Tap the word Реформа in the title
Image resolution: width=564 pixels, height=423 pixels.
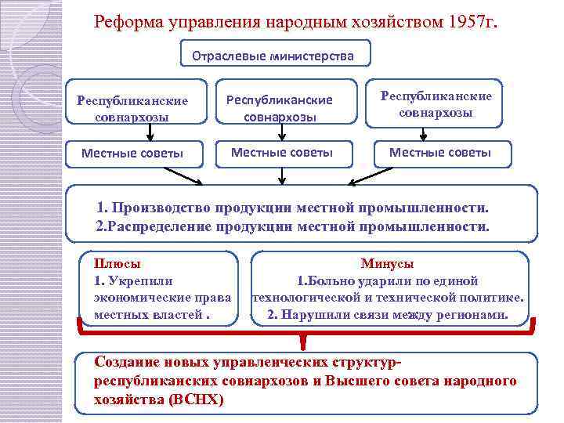(126, 21)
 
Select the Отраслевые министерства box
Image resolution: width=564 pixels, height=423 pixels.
(275, 56)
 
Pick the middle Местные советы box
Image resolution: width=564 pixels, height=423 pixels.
(281, 152)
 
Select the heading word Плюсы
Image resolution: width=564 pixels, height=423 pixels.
(112, 264)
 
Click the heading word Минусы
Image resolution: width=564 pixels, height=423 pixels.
(387, 264)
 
